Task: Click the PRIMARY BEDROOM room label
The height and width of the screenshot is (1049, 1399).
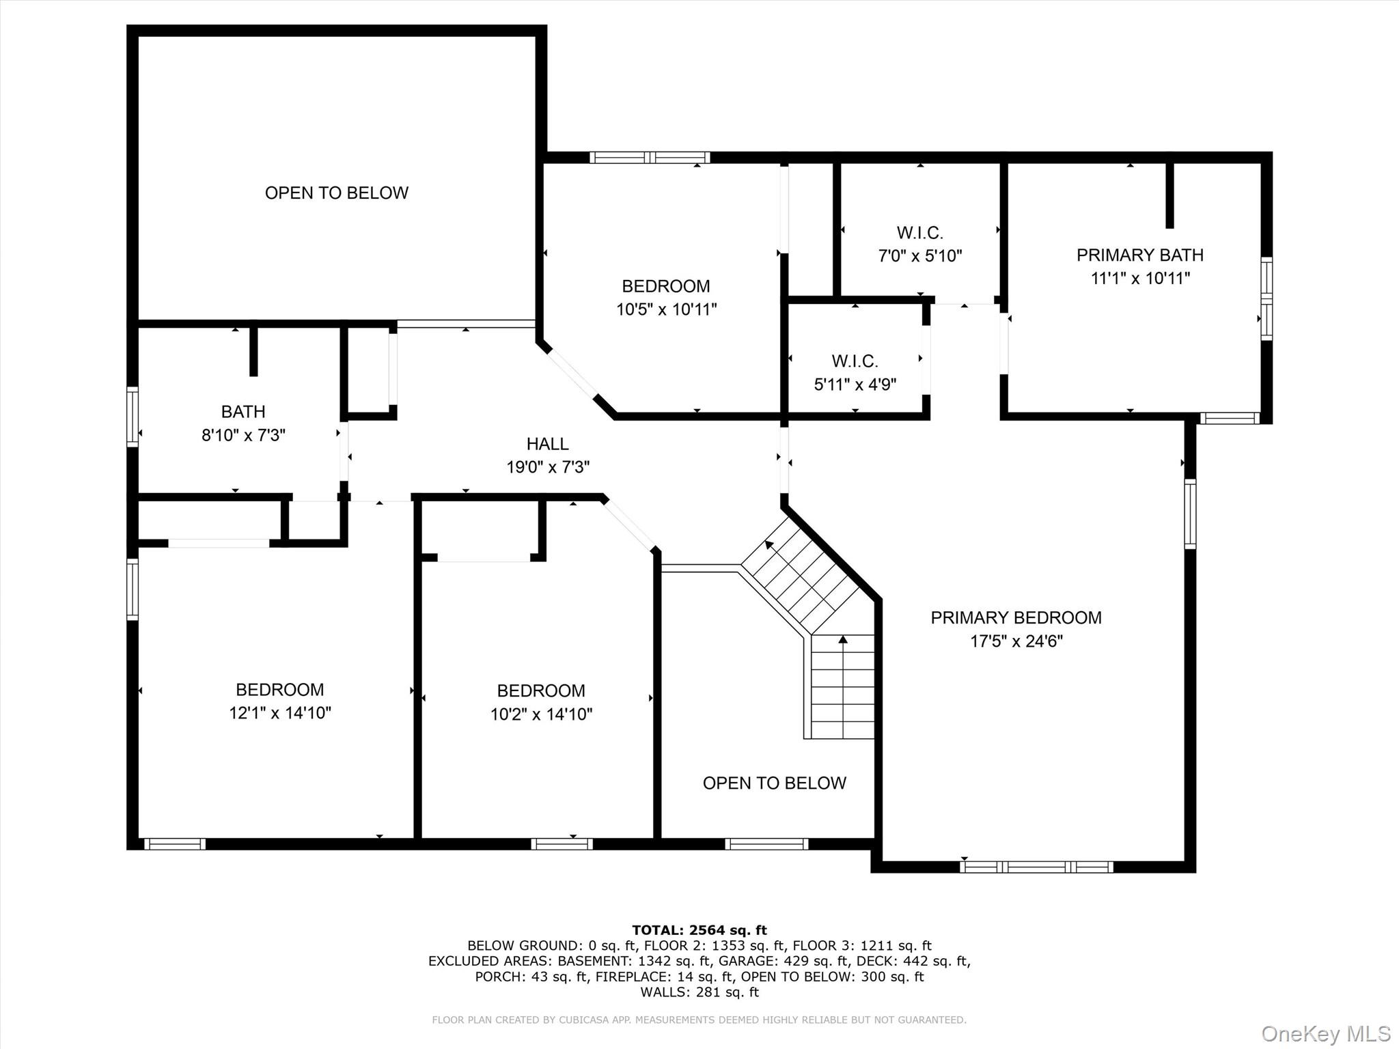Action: point(1016,617)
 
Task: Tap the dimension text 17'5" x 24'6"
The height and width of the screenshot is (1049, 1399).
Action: point(1016,641)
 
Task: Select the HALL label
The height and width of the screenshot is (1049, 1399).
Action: point(547,444)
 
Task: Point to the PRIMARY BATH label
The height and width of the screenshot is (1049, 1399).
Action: point(1139,255)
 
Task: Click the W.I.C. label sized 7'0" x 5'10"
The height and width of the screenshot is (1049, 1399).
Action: point(919,233)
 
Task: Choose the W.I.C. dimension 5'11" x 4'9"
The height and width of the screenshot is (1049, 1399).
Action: point(855,384)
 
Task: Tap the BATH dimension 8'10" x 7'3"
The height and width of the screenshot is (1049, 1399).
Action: point(243,435)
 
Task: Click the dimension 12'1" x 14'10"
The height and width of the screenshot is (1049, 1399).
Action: point(280,713)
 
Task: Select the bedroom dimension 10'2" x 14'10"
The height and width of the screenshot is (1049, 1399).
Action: point(541,714)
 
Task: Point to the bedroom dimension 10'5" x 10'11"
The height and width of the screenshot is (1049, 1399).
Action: point(666,309)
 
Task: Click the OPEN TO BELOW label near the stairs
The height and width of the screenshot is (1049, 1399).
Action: point(774,783)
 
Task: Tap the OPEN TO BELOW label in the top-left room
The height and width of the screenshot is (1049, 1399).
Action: point(336,193)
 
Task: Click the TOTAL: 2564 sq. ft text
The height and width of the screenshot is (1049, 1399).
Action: point(699,929)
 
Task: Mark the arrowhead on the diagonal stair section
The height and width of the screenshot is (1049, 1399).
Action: point(769,544)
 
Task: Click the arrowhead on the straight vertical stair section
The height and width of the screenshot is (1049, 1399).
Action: point(843,639)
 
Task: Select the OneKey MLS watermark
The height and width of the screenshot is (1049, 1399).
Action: point(1325,1033)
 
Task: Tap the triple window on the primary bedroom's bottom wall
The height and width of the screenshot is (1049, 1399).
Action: point(1036,867)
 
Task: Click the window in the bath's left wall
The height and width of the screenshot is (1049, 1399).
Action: point(133,417)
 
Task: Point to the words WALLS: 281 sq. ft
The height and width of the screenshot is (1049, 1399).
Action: point(699,992)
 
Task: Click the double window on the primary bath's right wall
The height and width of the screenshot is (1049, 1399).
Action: point(1266,298)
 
